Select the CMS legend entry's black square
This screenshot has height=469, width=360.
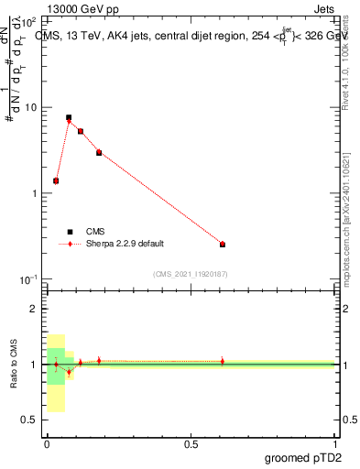click(x=69, y=232)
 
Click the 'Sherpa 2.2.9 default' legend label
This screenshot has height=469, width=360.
click(x=126, y=245)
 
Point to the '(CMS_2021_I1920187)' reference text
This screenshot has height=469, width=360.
click(x=190, y=274)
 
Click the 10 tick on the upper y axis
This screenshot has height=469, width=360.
click(x=30, y=107)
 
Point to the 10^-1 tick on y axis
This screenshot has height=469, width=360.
click(x=28, y=278)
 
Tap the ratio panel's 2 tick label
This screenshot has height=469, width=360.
click(x=34, y=309)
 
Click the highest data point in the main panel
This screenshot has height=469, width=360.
click(x=69, y=118)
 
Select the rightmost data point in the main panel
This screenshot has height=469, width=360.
click(x=223, y=245)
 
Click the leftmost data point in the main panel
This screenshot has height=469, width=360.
click(x=56, y=180)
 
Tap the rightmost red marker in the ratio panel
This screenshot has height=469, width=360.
click(x=223, y=361)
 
